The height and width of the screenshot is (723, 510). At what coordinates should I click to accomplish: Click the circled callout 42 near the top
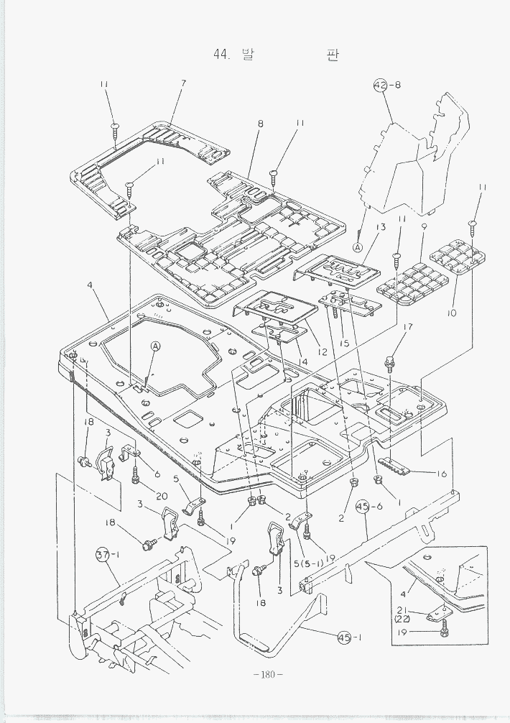click(379, 86)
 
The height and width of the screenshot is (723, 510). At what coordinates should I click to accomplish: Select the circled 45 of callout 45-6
click(362, 506)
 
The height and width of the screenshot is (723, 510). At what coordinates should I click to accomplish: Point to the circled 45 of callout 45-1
click(344, 637)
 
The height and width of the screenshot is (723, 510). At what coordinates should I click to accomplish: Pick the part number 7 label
click(183, 83)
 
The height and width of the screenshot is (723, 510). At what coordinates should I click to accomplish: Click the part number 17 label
click(407, 327)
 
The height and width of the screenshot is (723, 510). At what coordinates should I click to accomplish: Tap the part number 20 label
click(161, 496)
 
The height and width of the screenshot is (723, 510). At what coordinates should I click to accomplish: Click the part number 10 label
click(451, 313)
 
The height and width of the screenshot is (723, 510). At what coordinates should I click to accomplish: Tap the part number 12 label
click(322, 352)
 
